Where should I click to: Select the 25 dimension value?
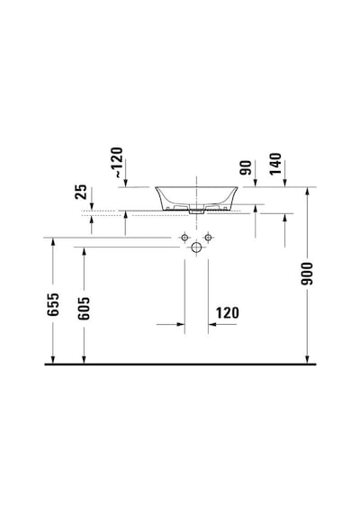[x=81, y=192]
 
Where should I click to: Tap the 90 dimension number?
[x=246, y=167]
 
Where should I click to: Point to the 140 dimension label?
[x=275, y=164]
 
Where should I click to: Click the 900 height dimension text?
[x=307, y=274]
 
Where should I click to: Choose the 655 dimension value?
[x=53, y=304]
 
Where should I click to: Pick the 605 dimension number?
[x=84, y=308]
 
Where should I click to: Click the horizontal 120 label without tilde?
[x=227, y=313]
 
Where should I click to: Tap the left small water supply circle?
[x=184, y=238]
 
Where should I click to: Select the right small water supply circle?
[x=208, y=238]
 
